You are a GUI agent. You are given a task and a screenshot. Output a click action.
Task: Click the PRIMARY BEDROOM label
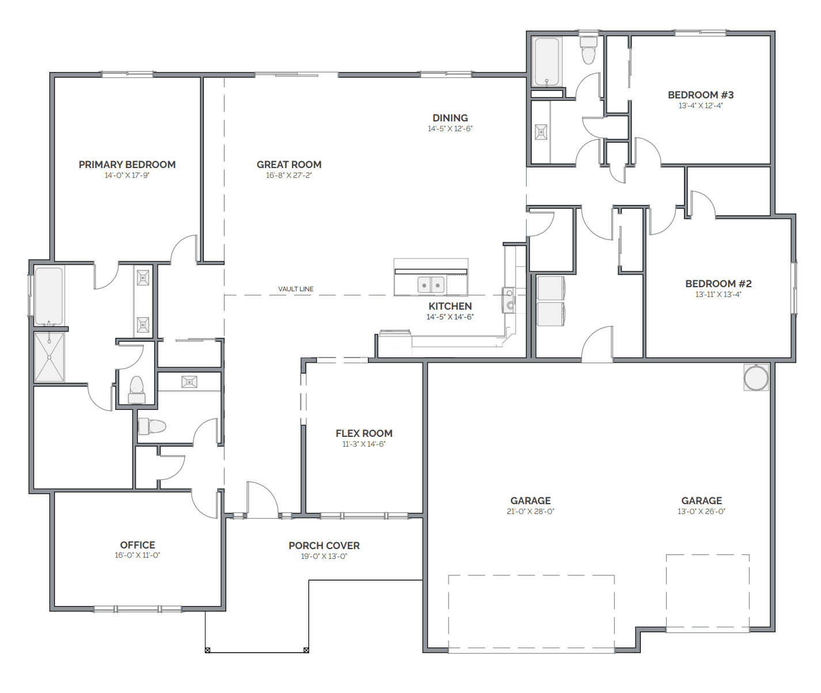click(127, 165)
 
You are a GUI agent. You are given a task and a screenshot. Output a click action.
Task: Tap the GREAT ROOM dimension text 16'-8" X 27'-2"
click(288, 176)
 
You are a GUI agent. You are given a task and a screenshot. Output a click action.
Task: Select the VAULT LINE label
click(296, 289)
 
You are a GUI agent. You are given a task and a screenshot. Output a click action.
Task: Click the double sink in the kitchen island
click(431, 284)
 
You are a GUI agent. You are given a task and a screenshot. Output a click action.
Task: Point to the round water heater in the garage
click(756, 378)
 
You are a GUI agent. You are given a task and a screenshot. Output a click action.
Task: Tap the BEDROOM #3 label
click(701, 95)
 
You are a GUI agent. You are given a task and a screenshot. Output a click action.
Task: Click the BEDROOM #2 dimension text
click(718, 295)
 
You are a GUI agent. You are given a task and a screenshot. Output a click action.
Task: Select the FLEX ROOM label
click(364, 433)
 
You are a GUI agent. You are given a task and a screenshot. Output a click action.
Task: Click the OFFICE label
click(138, 545)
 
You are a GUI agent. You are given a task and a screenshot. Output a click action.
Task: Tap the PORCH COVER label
click(324, 546)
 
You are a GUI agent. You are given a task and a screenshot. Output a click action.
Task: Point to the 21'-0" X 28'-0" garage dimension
click(530, 511)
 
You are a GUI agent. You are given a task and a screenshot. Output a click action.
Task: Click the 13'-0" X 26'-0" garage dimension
click(701, 511)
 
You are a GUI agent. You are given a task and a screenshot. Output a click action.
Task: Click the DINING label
click(450, 118)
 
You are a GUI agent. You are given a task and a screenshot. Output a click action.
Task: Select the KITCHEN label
click(450, 306)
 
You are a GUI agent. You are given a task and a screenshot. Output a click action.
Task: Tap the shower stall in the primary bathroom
click(49, 357)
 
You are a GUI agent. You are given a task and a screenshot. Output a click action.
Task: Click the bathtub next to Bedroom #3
click(546, 62)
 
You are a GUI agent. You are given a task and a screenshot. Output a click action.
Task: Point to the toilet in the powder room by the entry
click(153, 426)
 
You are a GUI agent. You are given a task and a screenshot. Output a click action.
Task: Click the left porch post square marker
click(208, 650)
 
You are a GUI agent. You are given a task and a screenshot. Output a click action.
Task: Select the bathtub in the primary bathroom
click(49, 296)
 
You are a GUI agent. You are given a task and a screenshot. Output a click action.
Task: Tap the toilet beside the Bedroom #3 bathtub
click(588, 50)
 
